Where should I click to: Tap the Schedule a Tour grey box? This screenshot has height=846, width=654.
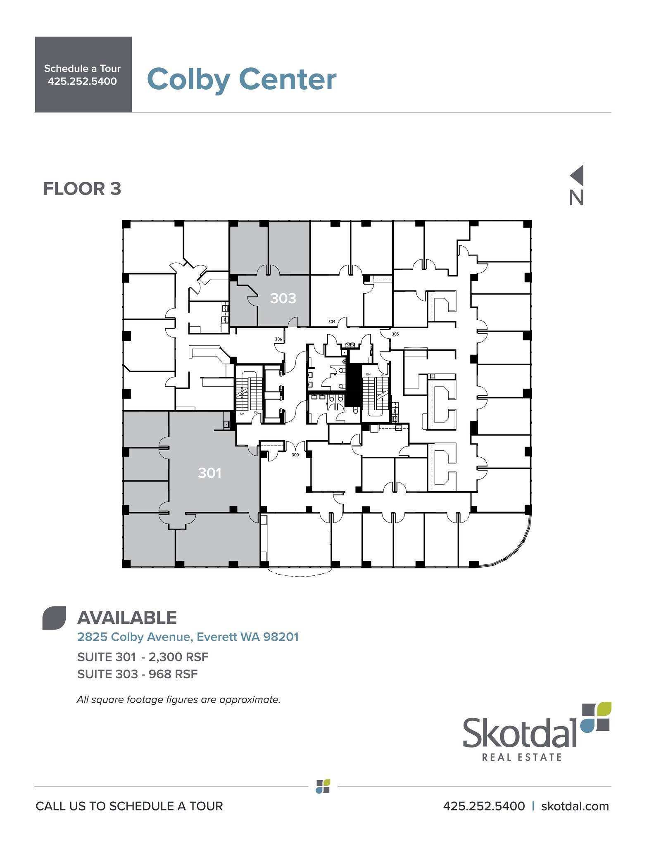coord(83,74)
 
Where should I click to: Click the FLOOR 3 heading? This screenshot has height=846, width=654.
coord(82,189)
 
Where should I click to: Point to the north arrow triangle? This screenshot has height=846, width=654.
coord(578,175)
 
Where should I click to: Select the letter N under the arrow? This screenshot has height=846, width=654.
coord(576,198)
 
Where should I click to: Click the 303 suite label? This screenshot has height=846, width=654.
coord(283,298)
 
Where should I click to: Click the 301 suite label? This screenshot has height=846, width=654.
coord(209,473)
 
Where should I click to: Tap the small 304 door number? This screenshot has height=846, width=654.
coord(332,321)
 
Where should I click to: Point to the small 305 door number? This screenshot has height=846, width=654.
coord(395,334)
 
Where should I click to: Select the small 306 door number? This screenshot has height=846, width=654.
coord(278,339)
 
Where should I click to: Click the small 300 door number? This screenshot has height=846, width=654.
coord(295,455)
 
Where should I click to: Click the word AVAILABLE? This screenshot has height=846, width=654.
coord(127,618)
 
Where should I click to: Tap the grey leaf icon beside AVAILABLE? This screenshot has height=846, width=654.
coord(54,618)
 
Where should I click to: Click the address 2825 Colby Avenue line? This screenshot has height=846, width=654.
coord(188,637)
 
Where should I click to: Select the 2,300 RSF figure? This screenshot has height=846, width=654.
coord(178,657)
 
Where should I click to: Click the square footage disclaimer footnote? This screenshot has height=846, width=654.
coord(178,700)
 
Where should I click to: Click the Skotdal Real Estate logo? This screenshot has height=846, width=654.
coord(536,732)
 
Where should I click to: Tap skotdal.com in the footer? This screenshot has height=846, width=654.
coord(575,806)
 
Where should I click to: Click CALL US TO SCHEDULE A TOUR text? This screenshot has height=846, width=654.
coord(129,806)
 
